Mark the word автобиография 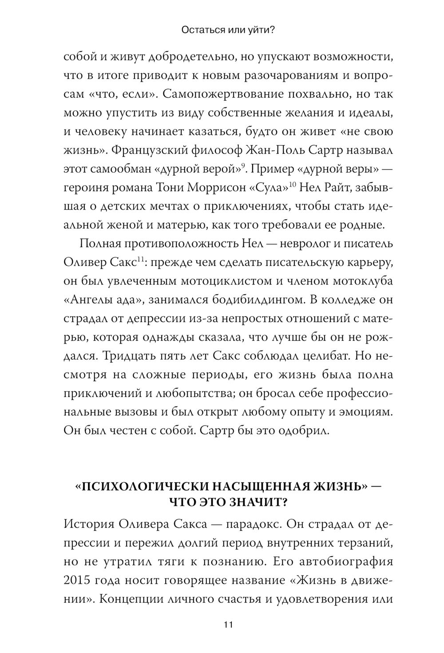click(344, 562)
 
